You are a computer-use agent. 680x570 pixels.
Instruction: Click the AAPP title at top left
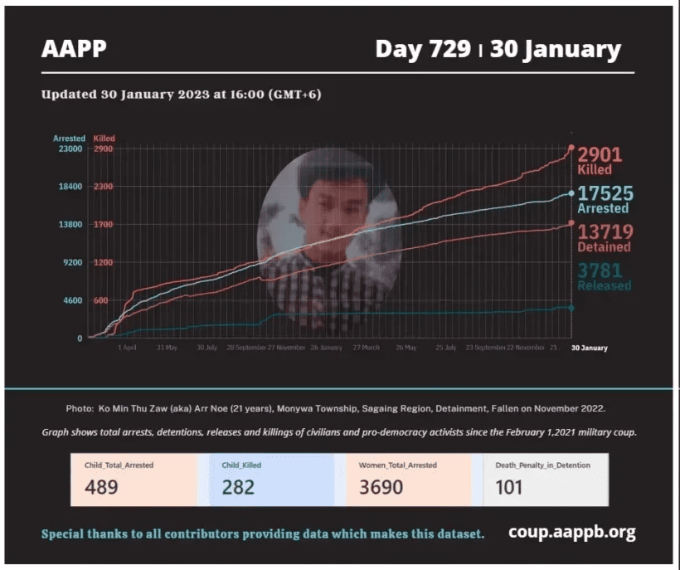[74, 49]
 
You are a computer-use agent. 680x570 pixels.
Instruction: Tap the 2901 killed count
[600, 154]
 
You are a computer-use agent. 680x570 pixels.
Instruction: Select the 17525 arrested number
[605, 193]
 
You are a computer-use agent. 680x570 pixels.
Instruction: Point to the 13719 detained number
[605, 231]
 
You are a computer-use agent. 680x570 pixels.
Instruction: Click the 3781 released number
[600, 270]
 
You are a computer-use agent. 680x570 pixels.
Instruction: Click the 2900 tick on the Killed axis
[104, 149]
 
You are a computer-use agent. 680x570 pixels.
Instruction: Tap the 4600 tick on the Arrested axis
[70, 300]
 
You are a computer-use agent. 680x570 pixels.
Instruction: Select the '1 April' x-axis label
[127, 348]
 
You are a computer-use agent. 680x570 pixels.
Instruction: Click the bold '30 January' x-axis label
[589, 348]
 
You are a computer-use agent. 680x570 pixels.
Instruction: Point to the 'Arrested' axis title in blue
[69, 139]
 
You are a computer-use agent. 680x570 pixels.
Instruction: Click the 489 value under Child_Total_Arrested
[101, 487]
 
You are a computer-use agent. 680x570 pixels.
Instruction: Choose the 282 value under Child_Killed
[238, 487]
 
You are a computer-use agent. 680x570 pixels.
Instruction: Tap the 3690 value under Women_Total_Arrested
[381, 487]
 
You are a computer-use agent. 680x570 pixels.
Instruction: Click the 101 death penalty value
[509, 487]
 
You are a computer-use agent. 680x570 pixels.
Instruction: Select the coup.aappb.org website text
[572, 533]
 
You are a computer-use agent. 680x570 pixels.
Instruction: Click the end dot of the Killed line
[571, 149]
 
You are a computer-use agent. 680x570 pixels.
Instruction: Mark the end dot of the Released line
[571, 308]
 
